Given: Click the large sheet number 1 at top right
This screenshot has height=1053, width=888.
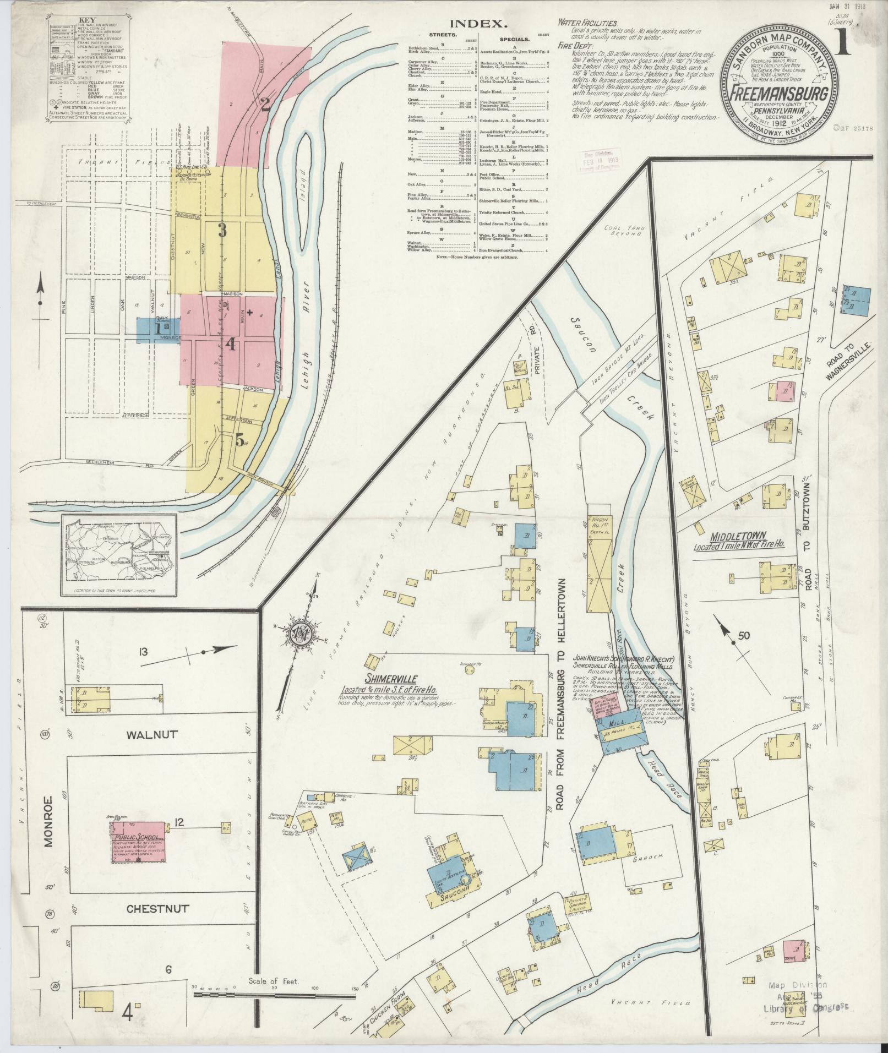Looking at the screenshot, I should pos(843,43).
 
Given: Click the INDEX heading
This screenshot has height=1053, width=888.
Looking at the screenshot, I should pos(477,24).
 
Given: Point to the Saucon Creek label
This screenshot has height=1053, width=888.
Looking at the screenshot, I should pos(578,341).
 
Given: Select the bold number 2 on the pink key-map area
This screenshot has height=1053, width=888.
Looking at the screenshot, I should pos(265,104).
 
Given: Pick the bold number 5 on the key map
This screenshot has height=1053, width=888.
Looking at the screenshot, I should pos(239,439).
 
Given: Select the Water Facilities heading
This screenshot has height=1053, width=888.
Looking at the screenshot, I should pos(587,23).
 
